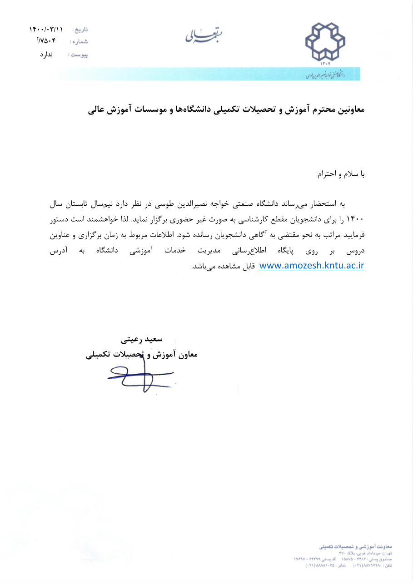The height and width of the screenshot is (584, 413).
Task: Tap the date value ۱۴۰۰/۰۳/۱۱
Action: (46, 30)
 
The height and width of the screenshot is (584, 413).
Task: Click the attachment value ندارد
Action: (46, 54)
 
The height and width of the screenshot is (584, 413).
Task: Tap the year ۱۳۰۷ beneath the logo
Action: (325, 64)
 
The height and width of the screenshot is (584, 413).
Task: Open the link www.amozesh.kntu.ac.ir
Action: (312, 266)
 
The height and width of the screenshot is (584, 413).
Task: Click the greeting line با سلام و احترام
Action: (341, 174)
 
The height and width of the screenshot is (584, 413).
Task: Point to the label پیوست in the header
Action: (78, 54)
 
